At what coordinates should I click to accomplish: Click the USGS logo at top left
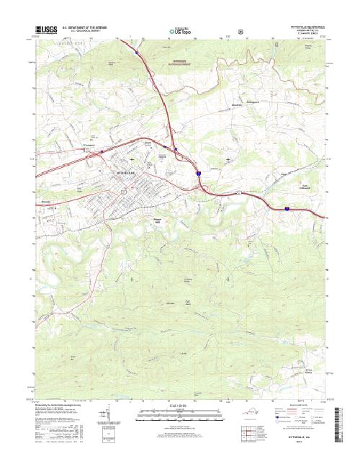tap(45, 30)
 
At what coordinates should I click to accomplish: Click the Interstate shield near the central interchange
tap(197, 174)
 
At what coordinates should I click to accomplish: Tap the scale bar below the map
tap(179, 414)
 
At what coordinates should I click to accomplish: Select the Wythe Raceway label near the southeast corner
tap(311, 370)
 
